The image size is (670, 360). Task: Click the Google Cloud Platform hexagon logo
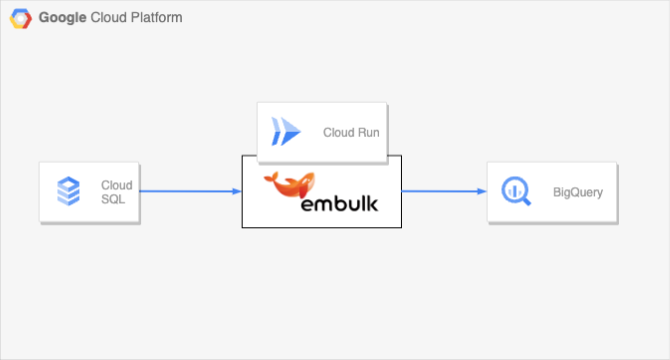coord(20,18)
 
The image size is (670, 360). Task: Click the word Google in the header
coord(63,18)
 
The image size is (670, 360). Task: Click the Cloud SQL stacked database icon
coord(68,192)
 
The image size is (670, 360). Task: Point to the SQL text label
coord(113,199)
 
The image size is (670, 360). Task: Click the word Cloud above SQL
coord(116,185)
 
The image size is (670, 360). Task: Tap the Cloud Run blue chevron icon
coord(285,132)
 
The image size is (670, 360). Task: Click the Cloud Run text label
coord(351,132)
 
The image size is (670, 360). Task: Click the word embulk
coord(339,203)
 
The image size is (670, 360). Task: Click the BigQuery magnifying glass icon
coord(516,192)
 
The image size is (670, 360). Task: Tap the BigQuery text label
coord(577,192)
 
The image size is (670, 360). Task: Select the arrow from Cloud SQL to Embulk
coord(189,191)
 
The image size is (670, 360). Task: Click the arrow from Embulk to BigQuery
coord(443,191)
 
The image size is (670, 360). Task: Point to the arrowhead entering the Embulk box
coord(237,191)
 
